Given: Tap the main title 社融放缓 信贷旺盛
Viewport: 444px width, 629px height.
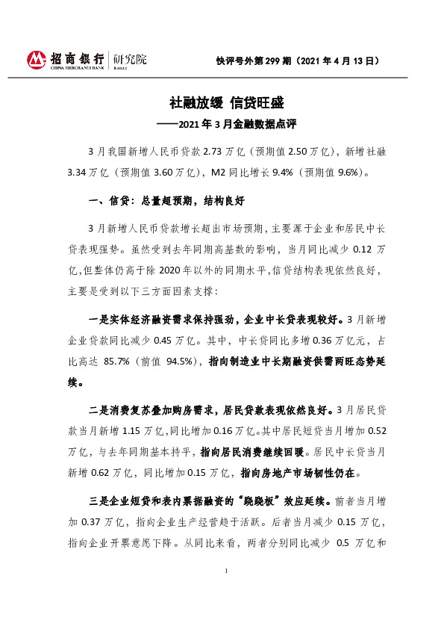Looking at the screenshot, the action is (x=222, y=102).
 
